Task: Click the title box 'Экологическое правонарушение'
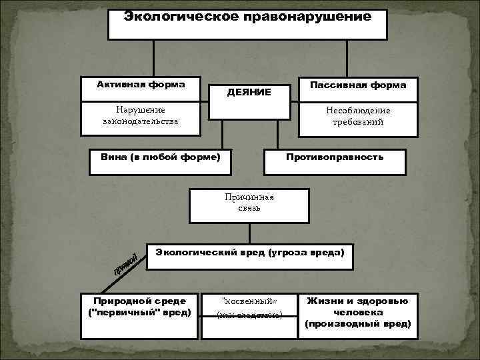tap(247, 24)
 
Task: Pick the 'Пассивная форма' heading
tap(357, 85)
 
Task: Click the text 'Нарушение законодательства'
tap(141, 115)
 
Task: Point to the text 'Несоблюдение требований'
tap(358, 116)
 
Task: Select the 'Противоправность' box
tap(335, 157)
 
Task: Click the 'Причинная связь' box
tap(249, 203)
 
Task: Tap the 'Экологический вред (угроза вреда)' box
tap(250, 253)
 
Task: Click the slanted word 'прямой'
tap(125, 264)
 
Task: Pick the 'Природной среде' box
tap(139, 307)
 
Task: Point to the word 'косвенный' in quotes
tap(248, 301)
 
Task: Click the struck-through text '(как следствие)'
tap(248, 314)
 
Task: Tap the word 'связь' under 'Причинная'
tap(249, 208)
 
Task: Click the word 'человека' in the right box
tap(357, 312)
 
